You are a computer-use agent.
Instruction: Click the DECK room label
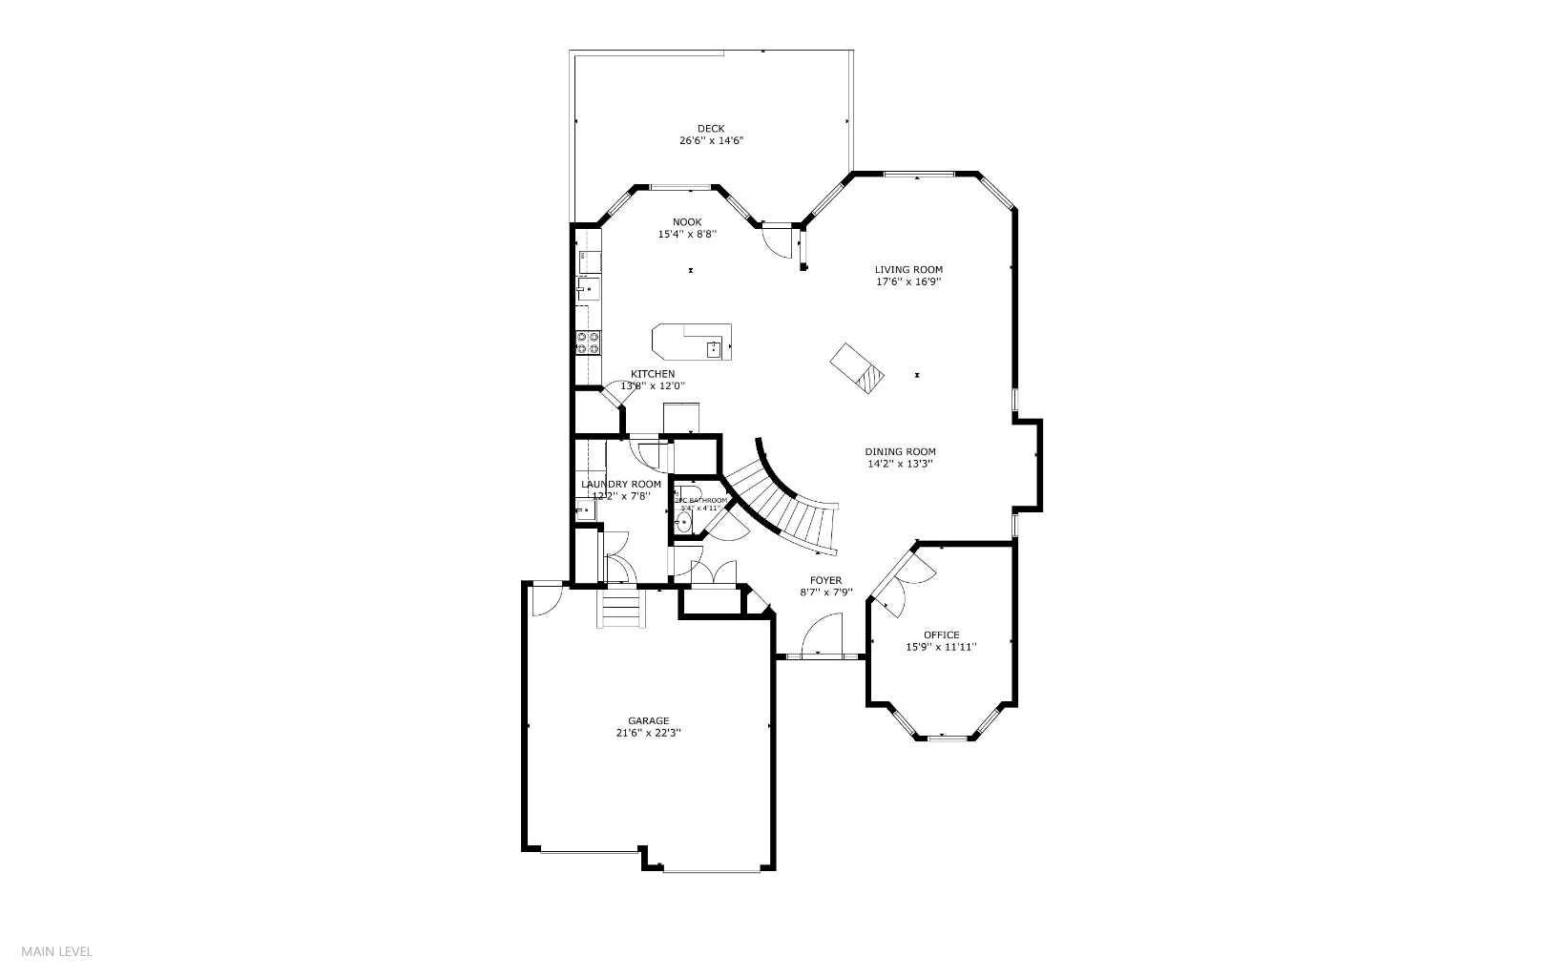[x=710, y=129]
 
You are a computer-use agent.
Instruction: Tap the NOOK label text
[x=686, y=222]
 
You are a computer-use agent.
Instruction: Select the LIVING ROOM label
[x=908, y=270]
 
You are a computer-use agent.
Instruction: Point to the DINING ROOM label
[x=900, y=452]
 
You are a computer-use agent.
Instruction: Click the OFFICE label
[x=941, y=635]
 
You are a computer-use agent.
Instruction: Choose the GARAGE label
[x=648, y=721]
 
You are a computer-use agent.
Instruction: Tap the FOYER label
[x=825, y=580]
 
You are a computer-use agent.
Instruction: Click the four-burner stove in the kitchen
[x=587, y=342]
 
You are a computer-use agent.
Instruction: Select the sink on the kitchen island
[x=713, y=349]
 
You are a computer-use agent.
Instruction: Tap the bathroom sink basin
[x=684, y=522]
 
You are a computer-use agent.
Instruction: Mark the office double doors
[x=902, y=582]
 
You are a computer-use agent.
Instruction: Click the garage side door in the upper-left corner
[x=547, y=598]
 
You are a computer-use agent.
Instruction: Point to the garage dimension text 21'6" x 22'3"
[x=648, y=734]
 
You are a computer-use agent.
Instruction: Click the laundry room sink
[x=585, y=511]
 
